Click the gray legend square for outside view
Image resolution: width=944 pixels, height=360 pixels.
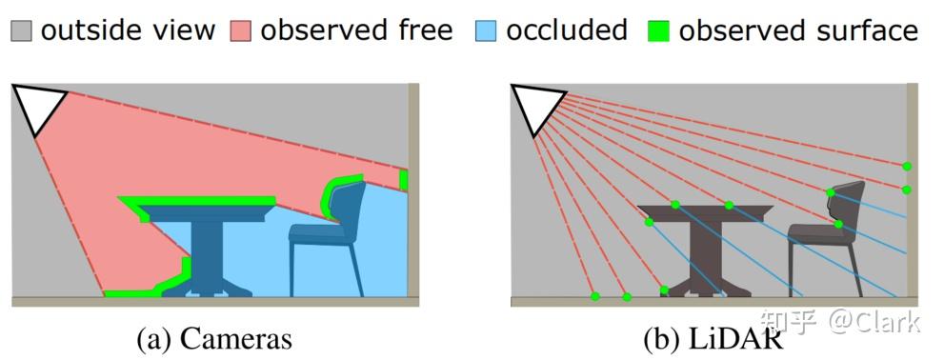(23, 31)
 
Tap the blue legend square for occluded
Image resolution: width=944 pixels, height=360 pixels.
(486, 31)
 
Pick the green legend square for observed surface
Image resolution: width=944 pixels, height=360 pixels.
(658, 31)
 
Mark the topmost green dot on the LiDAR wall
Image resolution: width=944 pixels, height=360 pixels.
(907, 166)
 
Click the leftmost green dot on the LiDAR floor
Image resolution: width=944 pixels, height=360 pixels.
(595, 296)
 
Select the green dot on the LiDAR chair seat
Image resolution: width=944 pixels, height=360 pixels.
(838, 225)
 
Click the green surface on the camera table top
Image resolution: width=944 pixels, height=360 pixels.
(200, 201)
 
